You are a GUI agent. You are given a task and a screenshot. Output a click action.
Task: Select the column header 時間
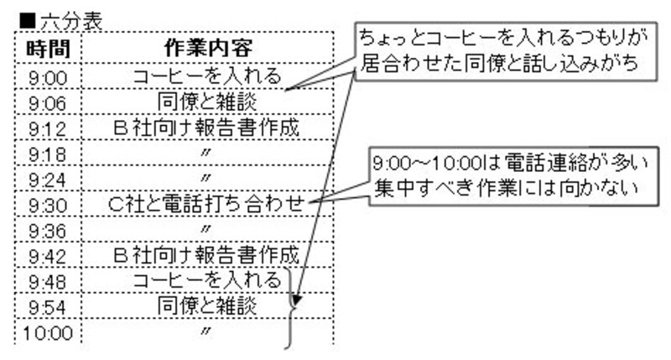[x=48, y=49]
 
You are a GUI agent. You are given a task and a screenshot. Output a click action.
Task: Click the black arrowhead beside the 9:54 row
[x=296, y=300]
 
